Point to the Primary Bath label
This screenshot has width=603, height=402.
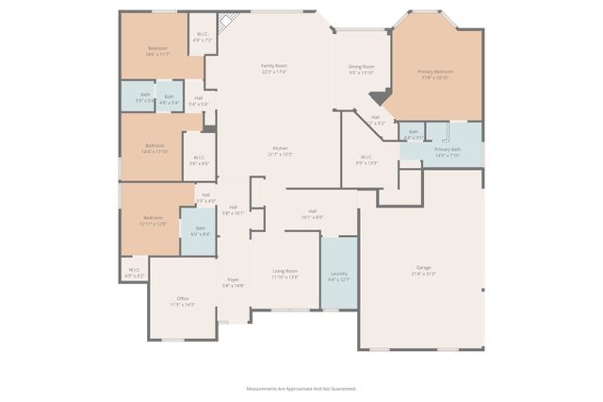click(x=448, y=152)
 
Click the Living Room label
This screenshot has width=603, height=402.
click(x=285, y=274)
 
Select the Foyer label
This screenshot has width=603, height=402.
click(x=233, y=282)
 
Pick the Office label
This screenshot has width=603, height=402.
click(x=182, y=301)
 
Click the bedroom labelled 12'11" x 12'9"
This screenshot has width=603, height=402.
click(x=154, y=220)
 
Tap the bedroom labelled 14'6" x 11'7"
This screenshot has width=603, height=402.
click(x=157, y=51)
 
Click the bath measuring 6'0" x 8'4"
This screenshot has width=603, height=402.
click(x=200, y=230)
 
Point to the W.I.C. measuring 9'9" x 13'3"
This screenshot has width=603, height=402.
click(x=366, y=159)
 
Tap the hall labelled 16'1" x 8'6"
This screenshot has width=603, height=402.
click(x=312, y=214)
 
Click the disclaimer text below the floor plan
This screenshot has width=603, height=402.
click(x=301, y=388)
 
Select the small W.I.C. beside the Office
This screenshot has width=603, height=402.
click(x=134, y=272)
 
